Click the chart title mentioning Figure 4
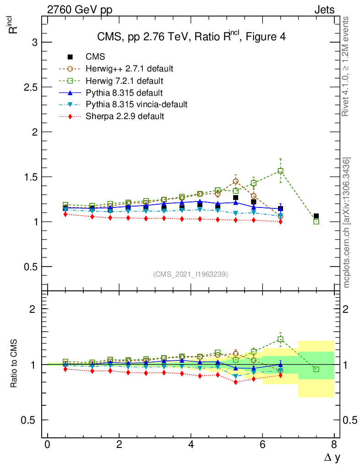(191, 37)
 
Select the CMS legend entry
(95, 57)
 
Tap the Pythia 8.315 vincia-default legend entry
(136, 104)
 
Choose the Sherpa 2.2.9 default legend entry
(125, 116)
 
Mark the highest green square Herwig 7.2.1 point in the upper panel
(280, 171)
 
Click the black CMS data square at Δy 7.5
(316, 216)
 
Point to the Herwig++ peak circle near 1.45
(235, 181)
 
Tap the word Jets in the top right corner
(324, 10)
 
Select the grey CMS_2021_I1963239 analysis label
(191, 274)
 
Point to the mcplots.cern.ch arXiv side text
(347, 223)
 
